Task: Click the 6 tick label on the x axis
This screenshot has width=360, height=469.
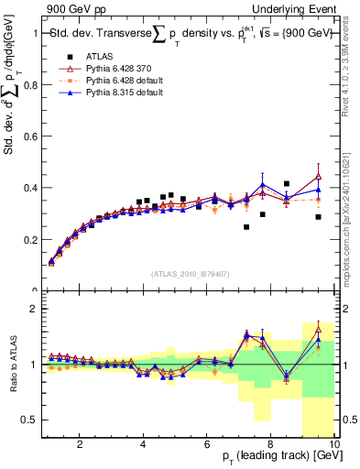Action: pyautogui.click(x=208, y=444)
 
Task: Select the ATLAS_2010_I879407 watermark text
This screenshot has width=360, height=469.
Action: pyautogui.click(x=190, y=274)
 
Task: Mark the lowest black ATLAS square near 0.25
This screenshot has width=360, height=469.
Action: pyautogui.click(x=246, y=227)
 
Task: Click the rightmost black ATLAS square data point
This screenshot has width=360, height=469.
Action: pyautogui.click(x=318, y=217)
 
